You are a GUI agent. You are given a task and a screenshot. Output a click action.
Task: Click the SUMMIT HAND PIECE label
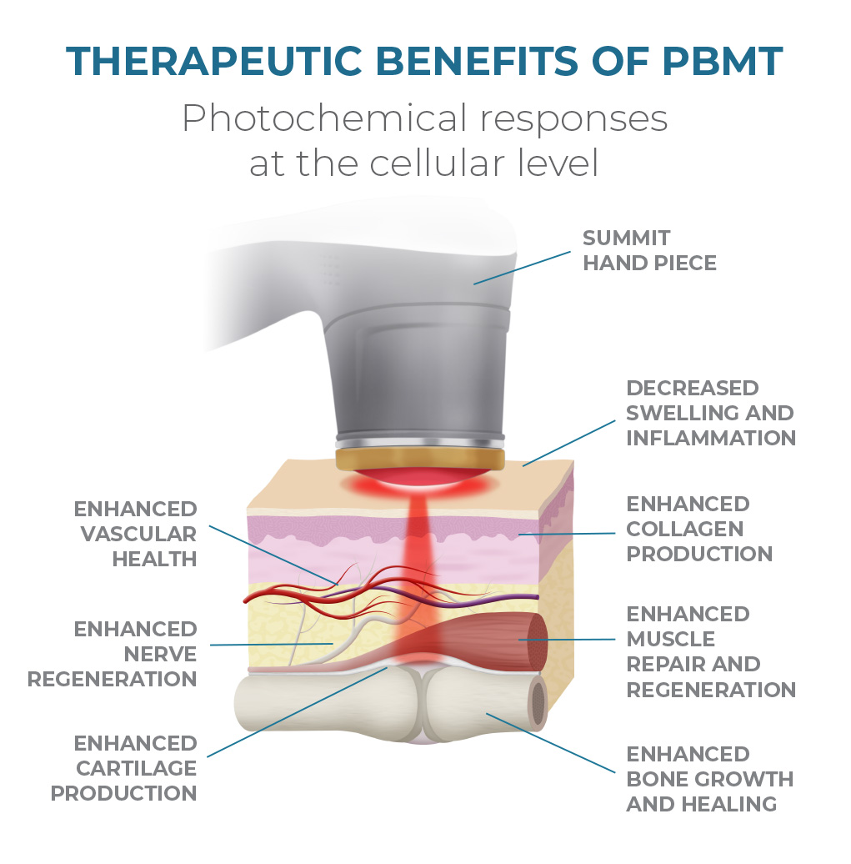649,250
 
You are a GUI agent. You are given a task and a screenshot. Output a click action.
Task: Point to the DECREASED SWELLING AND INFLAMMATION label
710,413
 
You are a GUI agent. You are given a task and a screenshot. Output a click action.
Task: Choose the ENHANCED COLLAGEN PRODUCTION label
698,529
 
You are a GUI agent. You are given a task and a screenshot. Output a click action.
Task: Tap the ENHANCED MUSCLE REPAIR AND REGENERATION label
710,651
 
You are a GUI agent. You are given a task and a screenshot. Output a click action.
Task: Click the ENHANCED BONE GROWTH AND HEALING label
709,779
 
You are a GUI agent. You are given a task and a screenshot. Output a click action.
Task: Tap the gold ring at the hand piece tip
420,460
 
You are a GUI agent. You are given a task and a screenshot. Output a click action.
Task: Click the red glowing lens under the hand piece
420,482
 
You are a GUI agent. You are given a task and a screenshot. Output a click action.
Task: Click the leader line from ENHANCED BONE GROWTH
551,741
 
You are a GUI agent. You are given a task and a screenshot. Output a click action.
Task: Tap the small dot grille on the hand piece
330,267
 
